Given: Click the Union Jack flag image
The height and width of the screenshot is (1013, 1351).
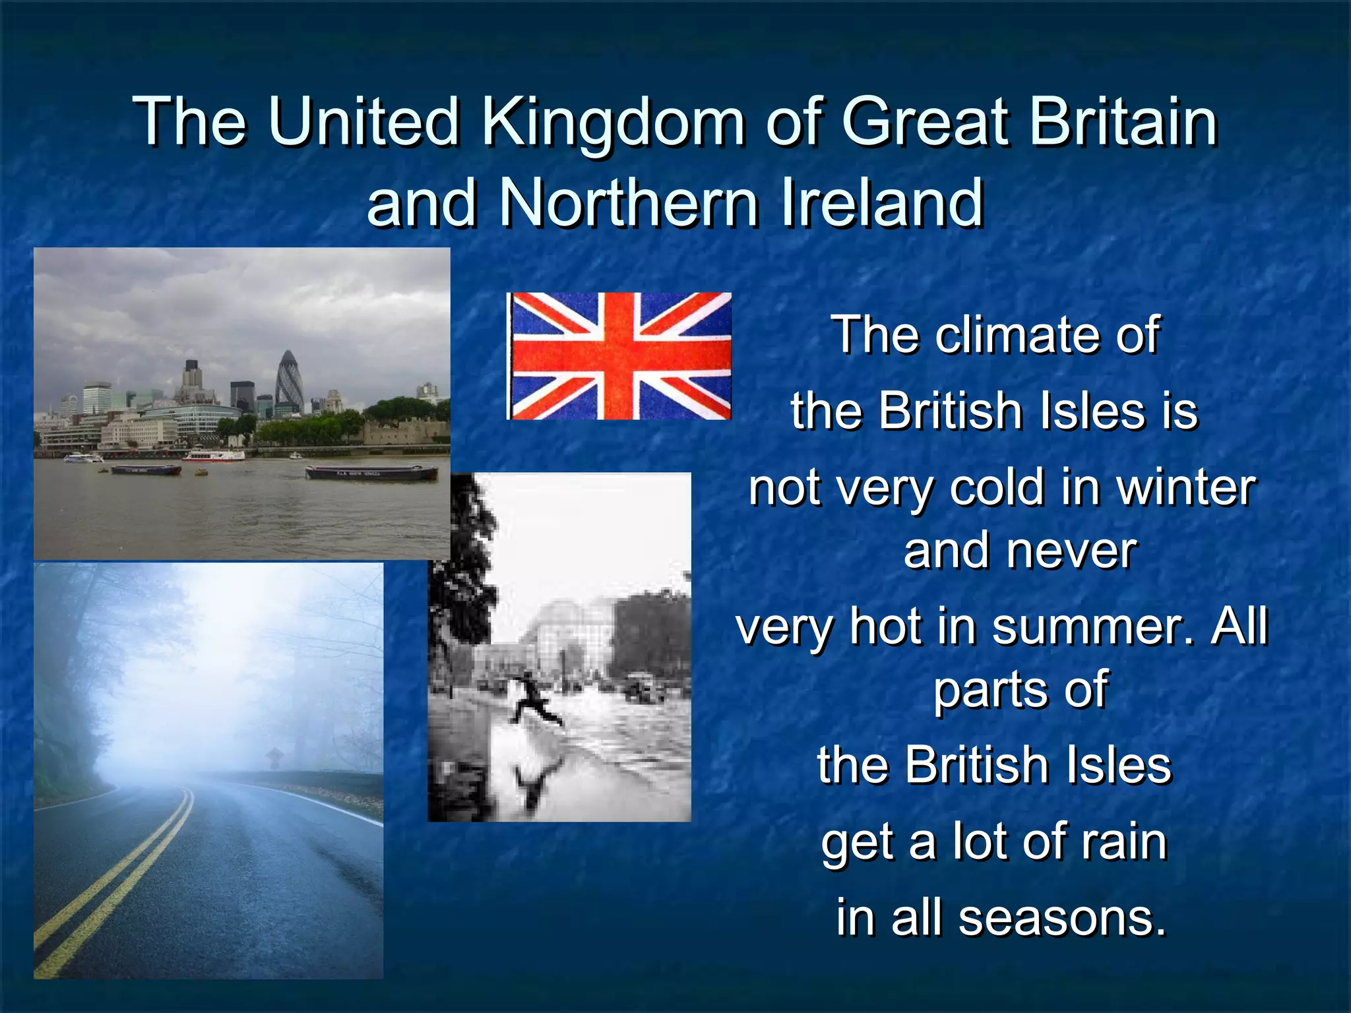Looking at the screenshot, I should [x=619, y=356].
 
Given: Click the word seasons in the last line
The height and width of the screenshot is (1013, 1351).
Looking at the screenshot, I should [x=1062, y=918].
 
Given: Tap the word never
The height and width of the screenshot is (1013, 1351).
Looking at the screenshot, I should [x=1072, y=551].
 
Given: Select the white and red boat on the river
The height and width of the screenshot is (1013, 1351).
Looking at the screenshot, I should [x=212, y=454].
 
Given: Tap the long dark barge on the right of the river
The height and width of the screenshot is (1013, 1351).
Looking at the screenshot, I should [x=371, y=472].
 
